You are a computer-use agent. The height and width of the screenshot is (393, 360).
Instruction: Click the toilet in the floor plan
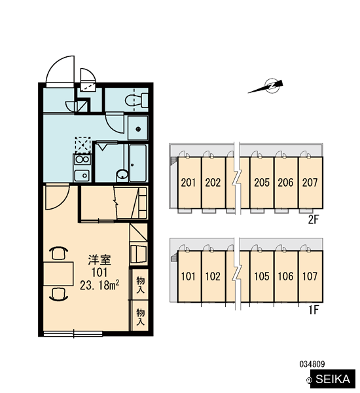137,100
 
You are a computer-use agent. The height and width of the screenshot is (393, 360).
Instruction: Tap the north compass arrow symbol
266,86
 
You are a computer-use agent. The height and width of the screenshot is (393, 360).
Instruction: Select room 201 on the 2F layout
189,183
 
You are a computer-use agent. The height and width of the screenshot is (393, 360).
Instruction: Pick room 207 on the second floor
311,183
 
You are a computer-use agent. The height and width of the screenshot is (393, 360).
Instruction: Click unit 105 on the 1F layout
262,276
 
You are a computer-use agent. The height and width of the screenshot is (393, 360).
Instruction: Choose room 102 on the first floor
213,276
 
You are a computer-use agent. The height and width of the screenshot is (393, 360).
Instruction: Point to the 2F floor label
313,220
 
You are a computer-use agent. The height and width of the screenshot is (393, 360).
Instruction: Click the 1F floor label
314,310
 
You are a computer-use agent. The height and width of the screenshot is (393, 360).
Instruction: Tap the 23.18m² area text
99,285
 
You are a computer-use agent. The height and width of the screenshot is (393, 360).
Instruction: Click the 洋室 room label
99,260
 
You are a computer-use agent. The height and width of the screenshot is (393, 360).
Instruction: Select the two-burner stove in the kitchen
82,160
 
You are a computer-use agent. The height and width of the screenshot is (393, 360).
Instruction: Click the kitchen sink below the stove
82,175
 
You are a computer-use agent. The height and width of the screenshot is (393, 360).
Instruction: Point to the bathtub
138,163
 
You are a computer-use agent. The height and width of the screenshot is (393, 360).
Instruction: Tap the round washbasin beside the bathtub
122,174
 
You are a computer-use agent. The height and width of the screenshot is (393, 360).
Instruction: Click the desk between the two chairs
58,274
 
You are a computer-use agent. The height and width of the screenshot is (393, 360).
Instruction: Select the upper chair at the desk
59,253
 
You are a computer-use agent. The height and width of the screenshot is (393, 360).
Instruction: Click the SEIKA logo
333,379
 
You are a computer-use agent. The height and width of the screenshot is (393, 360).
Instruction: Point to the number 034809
312,364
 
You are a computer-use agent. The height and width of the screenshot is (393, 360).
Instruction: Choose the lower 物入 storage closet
140,316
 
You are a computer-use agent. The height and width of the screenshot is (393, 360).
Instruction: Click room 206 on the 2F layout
285,183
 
